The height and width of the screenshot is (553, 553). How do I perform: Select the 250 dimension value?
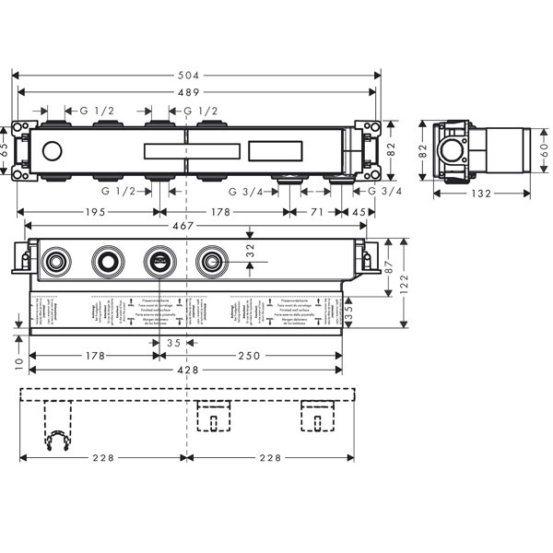pyautogui.click(x=265, y=355)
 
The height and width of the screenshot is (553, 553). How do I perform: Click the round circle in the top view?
pyautogui.click(x=54, y=150)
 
